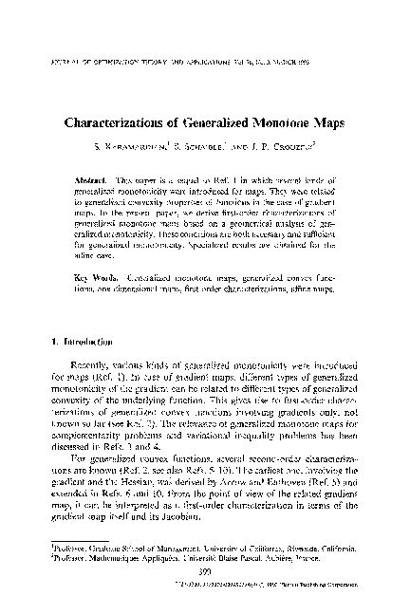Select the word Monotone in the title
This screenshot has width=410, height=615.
(276, 122)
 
